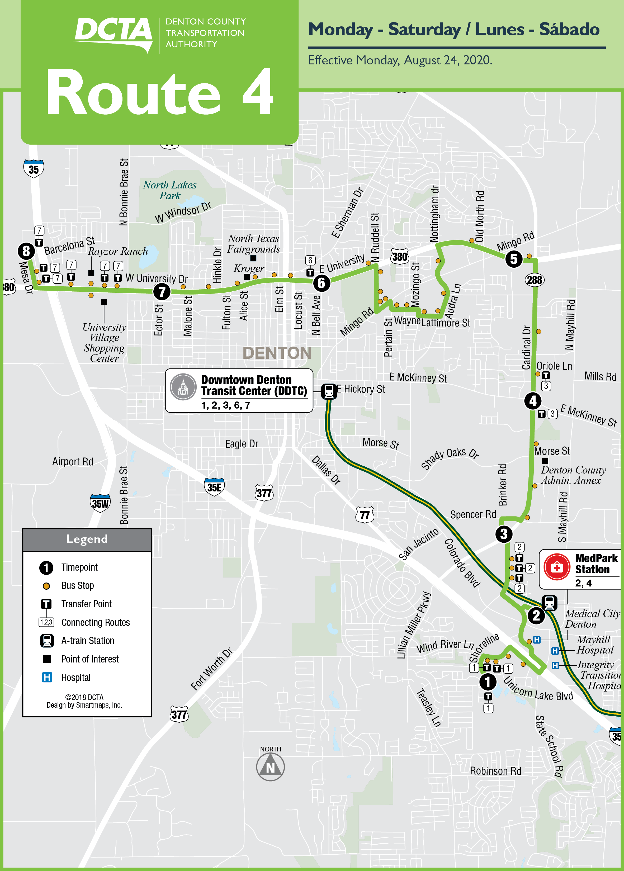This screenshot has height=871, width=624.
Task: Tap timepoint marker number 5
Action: point(514,259)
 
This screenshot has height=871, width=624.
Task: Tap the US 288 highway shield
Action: point(535,280)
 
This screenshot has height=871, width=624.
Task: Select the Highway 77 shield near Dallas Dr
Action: point(365,515)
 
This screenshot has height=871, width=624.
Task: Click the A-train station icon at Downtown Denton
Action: point(329,391)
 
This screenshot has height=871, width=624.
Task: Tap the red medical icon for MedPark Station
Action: point(557,567)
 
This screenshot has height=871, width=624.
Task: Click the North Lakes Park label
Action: point(170,190)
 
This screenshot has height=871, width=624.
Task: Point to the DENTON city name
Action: point(277,353)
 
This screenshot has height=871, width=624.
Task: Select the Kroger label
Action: point(249,268)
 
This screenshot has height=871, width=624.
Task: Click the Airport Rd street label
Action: point(73,462)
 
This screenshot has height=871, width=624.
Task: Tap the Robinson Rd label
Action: point(495,771)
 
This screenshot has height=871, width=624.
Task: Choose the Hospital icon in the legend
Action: point(47,677)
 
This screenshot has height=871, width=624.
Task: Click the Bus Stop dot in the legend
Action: point(46,586)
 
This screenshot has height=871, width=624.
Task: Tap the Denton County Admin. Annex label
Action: point(573,475)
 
